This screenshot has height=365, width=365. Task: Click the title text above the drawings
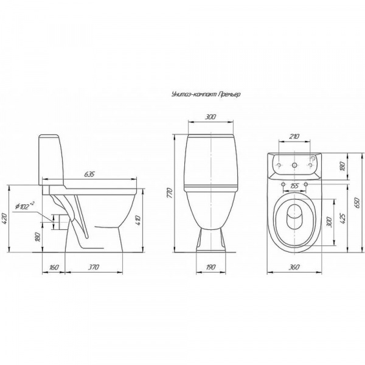click(206, 94)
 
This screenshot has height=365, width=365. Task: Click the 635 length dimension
click(89, 174)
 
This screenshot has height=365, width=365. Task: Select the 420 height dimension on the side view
click(5, 218)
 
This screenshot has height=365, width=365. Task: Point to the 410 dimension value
click(138, 220)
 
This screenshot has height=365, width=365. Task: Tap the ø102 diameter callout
click(25, 206)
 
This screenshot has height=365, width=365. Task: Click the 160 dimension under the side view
click(54, 267)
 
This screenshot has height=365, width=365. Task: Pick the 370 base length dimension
click(93, 267)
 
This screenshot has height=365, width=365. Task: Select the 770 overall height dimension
click(170, 193)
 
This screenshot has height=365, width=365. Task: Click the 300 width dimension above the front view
click(210, 117)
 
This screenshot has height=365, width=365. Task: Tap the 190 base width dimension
click(210, 267)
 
